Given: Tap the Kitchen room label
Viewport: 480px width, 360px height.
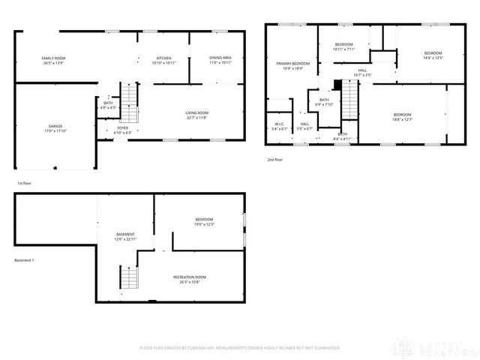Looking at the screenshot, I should (x=164, y=57).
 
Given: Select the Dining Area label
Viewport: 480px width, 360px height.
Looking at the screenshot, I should (x=220, y=57).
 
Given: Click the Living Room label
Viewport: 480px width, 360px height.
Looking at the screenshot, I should (x=196, y=112).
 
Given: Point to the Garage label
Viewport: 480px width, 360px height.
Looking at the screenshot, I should (x=55, y=125).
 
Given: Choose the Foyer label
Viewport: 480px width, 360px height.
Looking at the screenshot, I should (x=123, y=128).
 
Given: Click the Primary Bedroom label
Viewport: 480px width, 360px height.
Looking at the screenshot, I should (x=292, y=63).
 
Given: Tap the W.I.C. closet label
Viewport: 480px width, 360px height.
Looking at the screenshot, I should (x=278, y=124).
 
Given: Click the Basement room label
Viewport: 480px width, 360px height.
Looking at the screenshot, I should (x=124, y=234).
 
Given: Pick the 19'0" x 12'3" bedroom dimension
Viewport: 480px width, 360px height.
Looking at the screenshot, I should (x=203, y=223).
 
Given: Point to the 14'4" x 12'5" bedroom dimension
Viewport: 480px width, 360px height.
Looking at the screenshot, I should (x=433, y=57).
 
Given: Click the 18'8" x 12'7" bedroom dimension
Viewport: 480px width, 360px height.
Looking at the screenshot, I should (x=403, y=119).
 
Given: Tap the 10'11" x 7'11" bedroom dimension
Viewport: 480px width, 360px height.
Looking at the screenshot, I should (x=343, y=49).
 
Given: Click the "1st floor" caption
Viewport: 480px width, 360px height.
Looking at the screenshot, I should (x=25, y=183).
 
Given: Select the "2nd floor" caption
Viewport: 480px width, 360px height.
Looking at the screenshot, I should (x=275, y=160).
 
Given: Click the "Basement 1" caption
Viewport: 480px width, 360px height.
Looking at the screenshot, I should (x=25, y=260).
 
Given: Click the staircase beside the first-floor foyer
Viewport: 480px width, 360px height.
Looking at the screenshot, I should (x=130, y=103).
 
